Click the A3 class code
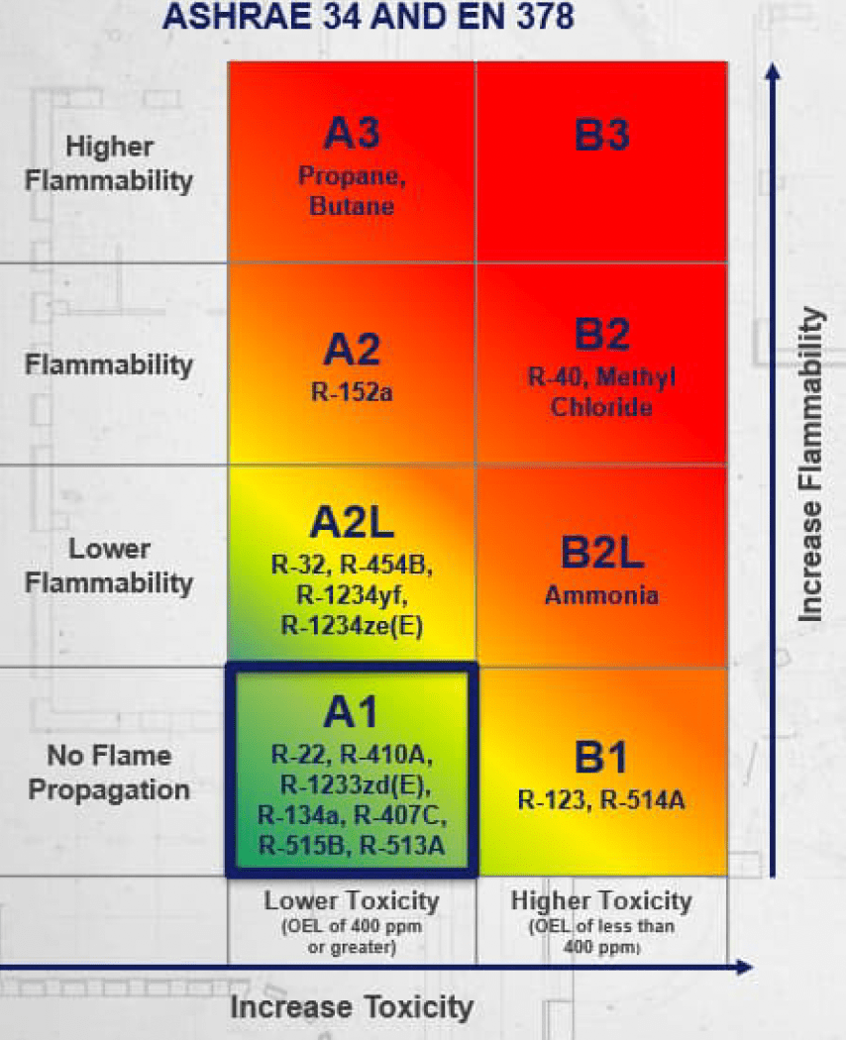pyautogui.click(x=352, y=133)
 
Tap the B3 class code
pyautogui.click(x=602, y=135)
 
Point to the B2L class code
pyautogui.click(x=602, y=552)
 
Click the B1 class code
pyautogui.click(x=600, y=758)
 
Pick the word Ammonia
pyautogui.click(x=601, y=595)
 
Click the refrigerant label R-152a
pyautogui.click(x=352, y=392)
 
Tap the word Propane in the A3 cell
pyautogui.click(x=350, y=176)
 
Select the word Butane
pyautogui.click(x=352, y=206)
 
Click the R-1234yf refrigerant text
pyautogui.click(x=352, y=595)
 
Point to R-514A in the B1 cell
pyautogui.click(x=642, y=800)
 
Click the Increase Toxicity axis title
pyautogui.click(x=352, y=1007)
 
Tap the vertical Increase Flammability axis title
pyautogui.click(x=811, y=465)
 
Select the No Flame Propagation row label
pyautogui.click(x=109, y=773)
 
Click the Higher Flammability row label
pyautogui.click(x=109, y=163)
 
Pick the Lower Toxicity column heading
pyautogui.click(x=352, y=900)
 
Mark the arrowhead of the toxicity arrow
pyautogui.click(x=745, y=968)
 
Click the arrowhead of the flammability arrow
pyautogui.click(x=773, y=71)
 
